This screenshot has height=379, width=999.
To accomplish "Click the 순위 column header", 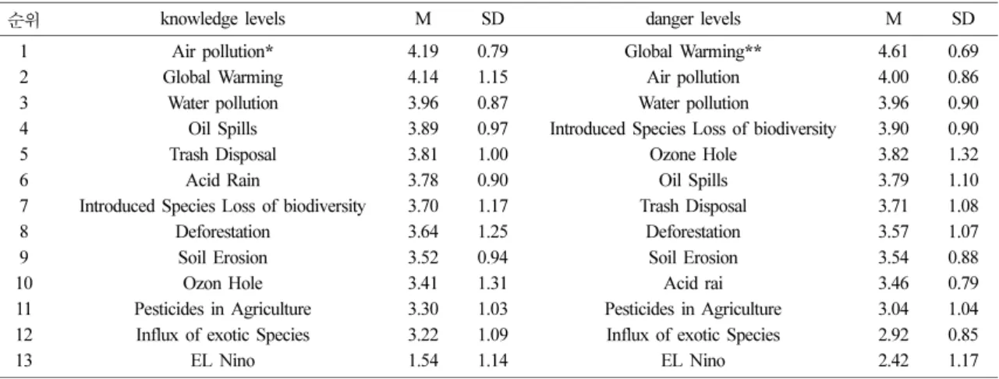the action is tap(23, 19).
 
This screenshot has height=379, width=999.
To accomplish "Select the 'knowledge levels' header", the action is tap(222, 19).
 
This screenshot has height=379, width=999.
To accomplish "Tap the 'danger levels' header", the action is tap(693, 19).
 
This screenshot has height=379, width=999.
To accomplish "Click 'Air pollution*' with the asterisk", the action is tap(222, 51).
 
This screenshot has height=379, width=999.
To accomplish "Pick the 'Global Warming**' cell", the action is tap(693, 51).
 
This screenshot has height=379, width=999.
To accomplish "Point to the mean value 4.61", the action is tap(893, 51).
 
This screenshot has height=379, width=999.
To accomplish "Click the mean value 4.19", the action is tap(423, 51).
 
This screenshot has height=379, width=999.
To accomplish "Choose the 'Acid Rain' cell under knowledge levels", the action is tap(222, 181).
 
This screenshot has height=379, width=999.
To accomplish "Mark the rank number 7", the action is tap(24, 207).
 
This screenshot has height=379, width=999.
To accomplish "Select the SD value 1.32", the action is tap(963, 154).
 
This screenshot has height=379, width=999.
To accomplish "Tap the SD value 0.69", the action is tap(963, 51).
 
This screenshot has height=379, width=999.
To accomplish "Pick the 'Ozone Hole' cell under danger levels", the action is tap(693, 154).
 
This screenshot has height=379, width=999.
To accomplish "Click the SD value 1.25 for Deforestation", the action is tap(492, 232).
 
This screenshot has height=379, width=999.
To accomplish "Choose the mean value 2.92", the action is tap(893, 335).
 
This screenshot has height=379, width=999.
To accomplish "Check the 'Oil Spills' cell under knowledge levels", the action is tap(222, 129).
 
